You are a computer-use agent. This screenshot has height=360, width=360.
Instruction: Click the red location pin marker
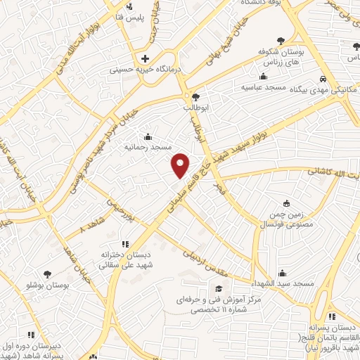[181, 165]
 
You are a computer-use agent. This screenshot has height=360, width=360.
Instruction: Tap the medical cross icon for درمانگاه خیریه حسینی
[145, 58]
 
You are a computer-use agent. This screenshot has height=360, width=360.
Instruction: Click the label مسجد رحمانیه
[148, 148]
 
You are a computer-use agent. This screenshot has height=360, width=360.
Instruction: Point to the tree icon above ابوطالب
[195, 97]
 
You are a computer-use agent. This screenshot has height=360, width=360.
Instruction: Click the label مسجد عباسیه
[263, 88]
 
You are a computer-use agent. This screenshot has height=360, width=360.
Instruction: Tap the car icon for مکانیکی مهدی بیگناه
[322, 79]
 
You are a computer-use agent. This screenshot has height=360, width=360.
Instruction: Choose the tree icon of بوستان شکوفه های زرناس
[281, 40]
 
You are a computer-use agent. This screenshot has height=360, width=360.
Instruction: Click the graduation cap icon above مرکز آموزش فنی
[218, 289]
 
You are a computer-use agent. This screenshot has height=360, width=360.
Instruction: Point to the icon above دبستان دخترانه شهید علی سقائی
[125, 244]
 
